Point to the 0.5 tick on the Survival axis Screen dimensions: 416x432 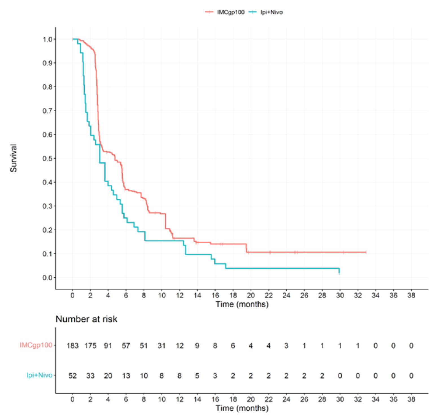pos(48,158)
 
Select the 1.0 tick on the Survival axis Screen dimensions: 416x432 pos(48,39)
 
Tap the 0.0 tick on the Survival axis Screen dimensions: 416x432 pos(48,278)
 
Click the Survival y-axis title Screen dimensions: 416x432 pos(14,158)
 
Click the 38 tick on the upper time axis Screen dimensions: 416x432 pos(411,295)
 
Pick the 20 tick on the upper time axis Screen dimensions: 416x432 pos(251,295)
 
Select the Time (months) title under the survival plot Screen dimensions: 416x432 pos(242,304)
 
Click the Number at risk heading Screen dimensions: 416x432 pos(86,319)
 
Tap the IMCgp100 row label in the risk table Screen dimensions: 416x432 pos(36,345)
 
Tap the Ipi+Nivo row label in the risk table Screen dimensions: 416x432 pos(39,375)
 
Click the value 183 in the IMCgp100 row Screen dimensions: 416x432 pos(73,346)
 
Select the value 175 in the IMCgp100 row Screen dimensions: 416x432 pos(90,346)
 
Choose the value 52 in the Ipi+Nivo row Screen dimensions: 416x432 pos(73,376)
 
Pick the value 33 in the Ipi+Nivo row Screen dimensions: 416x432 pos(90,376)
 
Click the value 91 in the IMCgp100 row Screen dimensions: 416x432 pos(108,346)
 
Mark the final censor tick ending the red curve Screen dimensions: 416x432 pos(366,252)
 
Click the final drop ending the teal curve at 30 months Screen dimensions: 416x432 pos(339,271)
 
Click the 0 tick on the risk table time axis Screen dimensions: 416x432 pos(73,399)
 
